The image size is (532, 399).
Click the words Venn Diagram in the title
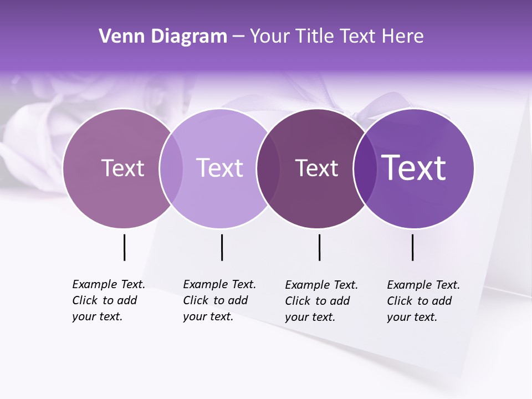coord(163,37)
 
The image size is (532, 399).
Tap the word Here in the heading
coord(403,37)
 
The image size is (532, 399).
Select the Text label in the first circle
coord(122,168)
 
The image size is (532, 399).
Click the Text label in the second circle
coord(220,168)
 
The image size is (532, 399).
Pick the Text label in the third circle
coord(316,168)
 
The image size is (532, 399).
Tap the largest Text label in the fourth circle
coord(414,168)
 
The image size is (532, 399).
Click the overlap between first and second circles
coord(171,168)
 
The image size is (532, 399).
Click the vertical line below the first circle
coord(124,247)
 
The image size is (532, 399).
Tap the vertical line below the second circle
coord(222,247)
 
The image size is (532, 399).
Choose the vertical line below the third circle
coord(319,247)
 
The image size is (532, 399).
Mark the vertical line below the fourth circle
coord(412,247)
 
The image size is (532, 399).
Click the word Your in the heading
coord(269,37)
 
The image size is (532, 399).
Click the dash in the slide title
coord(238,37)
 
